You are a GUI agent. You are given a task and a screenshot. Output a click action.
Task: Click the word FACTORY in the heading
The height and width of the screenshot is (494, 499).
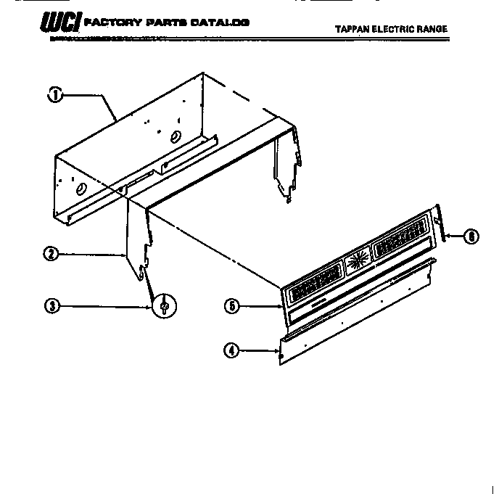click(x=108, y=23)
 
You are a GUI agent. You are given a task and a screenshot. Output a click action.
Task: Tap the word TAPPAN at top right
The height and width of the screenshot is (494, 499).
click(x=353, y=30)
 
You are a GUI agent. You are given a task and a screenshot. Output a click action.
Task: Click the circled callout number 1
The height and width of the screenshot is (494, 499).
click(x=55, y=94)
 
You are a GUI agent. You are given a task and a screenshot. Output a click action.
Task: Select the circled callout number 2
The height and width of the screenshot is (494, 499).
click(x=51, y=254)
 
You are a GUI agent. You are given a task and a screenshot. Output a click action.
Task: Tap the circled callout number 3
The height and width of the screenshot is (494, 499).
click(x=51, y=305)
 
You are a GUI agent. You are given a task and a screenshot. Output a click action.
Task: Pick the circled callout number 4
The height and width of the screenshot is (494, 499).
click(x=231, y=351)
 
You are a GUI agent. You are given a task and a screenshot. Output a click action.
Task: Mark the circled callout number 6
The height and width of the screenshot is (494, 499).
click(x=471, y=236)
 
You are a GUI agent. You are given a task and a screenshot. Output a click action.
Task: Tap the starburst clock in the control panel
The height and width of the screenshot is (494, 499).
click(x=355, y=262)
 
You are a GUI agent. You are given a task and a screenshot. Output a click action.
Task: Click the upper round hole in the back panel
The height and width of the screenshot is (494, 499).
click(x=174, y=137)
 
